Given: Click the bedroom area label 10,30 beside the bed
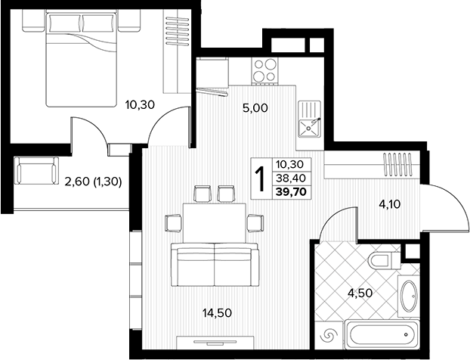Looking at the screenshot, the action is (x=140, y=105).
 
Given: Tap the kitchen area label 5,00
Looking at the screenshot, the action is (x=255, y=108).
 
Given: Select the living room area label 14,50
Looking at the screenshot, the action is (x=217, y=313).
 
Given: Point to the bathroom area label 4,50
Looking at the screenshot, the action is (x=360, y=293).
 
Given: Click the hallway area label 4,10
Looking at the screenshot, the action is (x=390, y=205).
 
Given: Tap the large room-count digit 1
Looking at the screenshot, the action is (x=261, y=179).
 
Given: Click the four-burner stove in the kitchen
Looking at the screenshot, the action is (x=265, y=71).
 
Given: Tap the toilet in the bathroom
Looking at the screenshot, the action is (x=385, y=260).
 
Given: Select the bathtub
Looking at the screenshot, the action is (x=382, y=335).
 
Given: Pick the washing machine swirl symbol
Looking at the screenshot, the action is (x=329, y=335).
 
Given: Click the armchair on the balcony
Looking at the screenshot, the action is (x=36, y=170).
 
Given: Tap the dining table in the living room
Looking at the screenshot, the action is (x=215, y=223).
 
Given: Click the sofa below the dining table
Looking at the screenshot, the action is (x=215, y=265).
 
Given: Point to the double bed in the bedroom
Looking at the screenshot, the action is (x=81, y=57).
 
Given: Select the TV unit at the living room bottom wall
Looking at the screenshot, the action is (x=215, y=343).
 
